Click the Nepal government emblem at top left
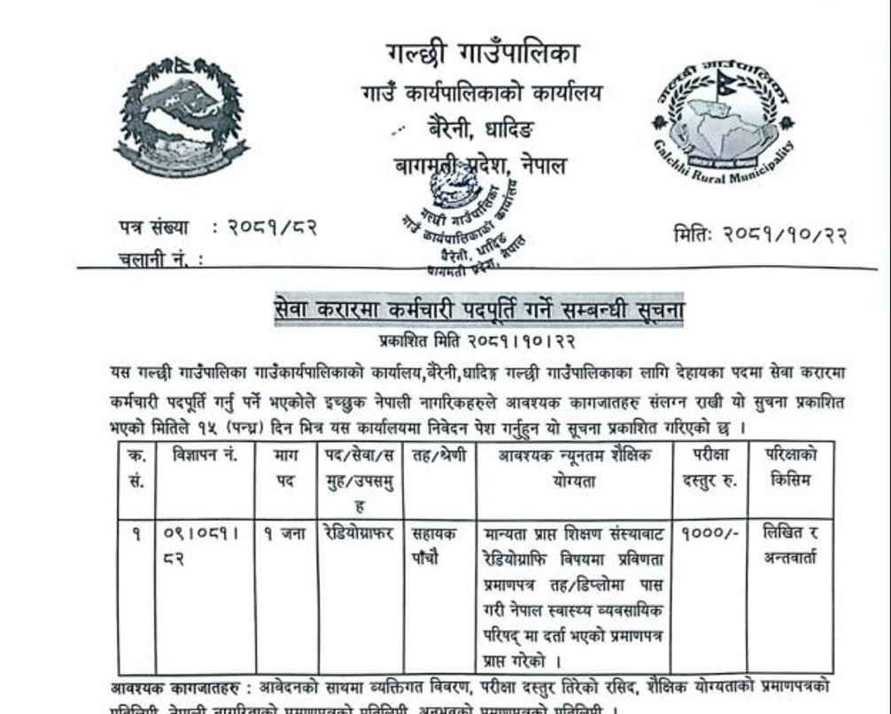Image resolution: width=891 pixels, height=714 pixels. [182, 117]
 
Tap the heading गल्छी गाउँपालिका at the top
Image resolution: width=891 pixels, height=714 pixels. [483, 53]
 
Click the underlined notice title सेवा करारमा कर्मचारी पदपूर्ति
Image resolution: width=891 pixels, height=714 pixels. [478, 311]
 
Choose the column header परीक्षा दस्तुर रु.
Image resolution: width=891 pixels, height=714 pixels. [708, 469]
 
